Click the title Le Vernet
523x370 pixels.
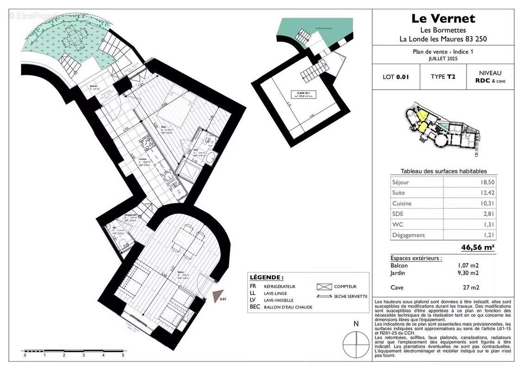pos(443,18)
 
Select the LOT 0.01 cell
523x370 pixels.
pos(396,77)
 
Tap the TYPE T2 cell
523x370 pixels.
pos(442,77)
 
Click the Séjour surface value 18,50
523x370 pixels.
pos(485,182)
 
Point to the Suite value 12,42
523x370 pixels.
pos(485,193)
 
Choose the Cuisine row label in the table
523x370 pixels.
pos(401,203)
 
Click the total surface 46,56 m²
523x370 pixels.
pos(478,247)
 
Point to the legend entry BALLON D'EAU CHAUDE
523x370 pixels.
pos(288,307)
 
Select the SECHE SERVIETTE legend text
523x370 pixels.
pos(351,296)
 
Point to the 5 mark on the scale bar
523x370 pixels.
pos(123,355)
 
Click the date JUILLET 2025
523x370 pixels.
pos(443,59)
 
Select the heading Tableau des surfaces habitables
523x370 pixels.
pos(443,171)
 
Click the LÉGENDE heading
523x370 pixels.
pos(267,277)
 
